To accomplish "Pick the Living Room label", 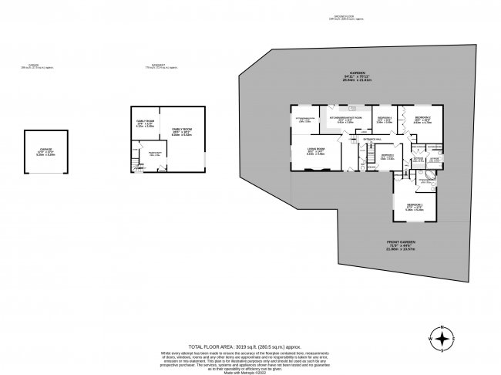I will (316, 150).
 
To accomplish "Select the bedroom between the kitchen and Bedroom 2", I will (385, 120).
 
